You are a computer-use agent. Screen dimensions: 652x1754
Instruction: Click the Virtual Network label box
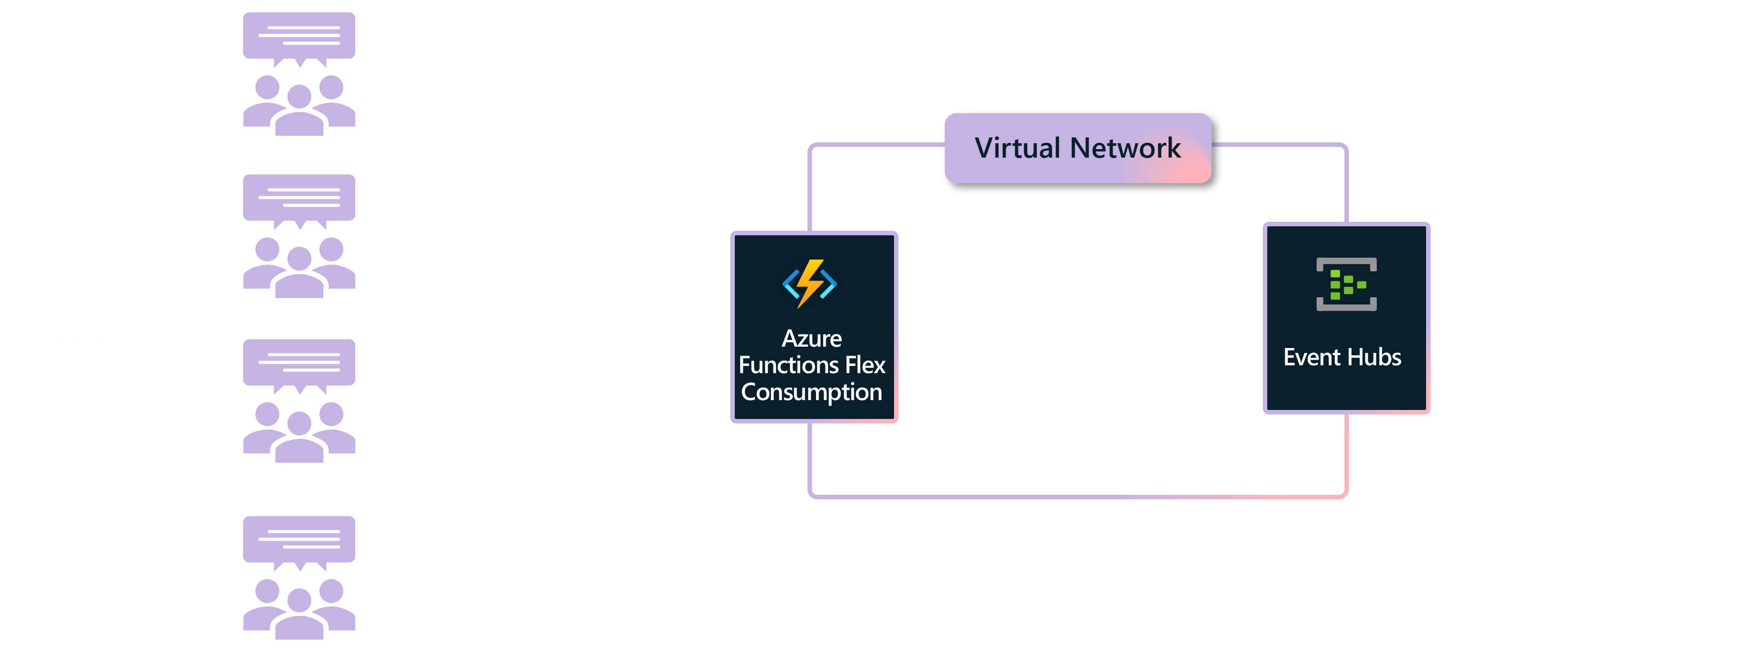click(1078, 149)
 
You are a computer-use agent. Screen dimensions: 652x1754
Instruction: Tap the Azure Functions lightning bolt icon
click(810, 283)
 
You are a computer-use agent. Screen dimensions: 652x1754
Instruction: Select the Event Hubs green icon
click(1346, 284)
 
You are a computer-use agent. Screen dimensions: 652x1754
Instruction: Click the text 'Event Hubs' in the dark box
click(1342, 357)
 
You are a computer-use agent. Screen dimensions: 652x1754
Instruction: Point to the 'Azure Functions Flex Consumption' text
click(812, 365)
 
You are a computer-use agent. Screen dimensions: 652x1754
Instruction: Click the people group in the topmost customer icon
click(299, 106)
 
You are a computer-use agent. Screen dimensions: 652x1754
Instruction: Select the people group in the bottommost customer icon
click(299, 608)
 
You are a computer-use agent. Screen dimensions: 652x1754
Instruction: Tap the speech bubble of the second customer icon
click(299, 200)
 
